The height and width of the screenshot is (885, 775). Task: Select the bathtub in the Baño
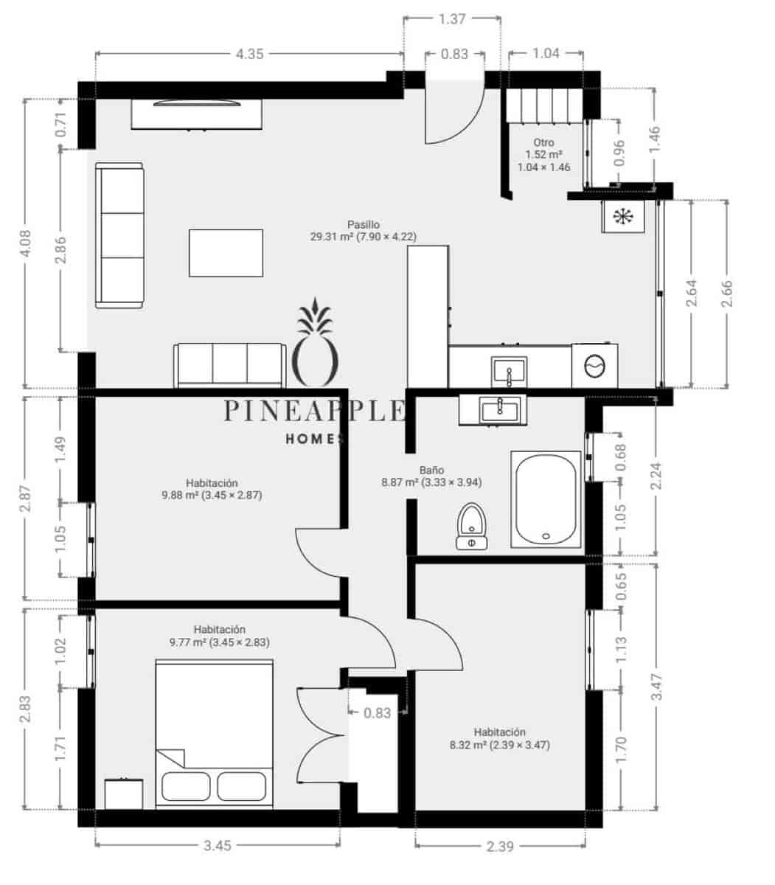click(x=546, y=499)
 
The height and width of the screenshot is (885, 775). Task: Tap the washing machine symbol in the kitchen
click(x=594, y=365)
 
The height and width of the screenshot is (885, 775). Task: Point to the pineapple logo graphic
click(x=316, y=343)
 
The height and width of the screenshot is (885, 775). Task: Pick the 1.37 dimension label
click(x=451, y=19)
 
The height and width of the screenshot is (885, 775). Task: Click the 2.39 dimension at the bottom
click(x=500, y=846)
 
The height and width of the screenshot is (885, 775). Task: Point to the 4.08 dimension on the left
click(x=25, y=243)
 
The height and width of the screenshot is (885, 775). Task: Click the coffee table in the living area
click(x=226, y=253)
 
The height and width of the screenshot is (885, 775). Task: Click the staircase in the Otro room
click(x=543, y=108)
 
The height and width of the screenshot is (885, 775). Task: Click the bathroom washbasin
click(x=500, y=409)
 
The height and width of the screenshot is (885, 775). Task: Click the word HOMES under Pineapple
click(x=315, y=439)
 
